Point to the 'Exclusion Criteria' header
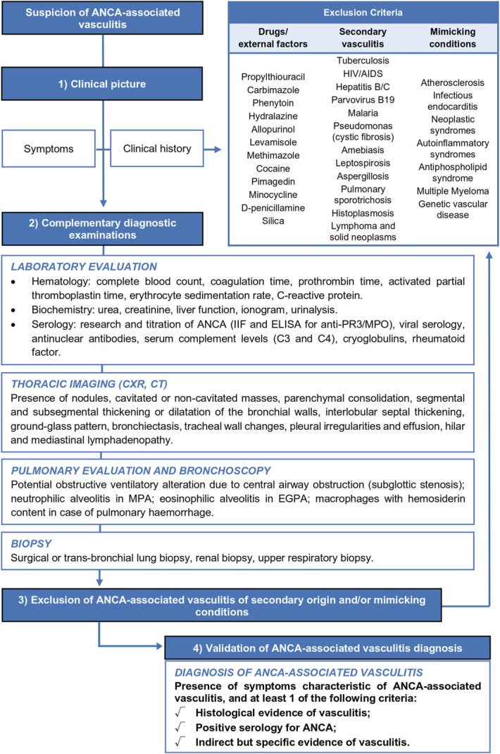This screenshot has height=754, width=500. pyautogui.click(x=363, y=13)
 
